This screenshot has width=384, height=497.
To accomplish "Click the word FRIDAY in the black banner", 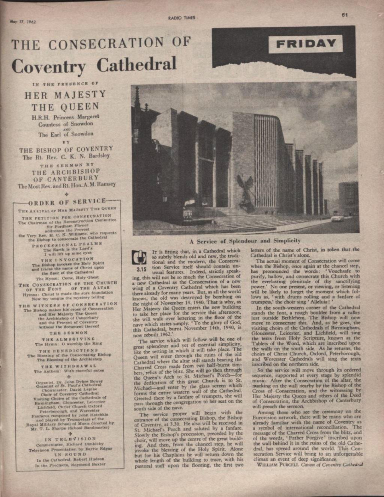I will point(306,43).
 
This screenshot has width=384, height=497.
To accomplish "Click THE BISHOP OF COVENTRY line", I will point(66,149).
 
